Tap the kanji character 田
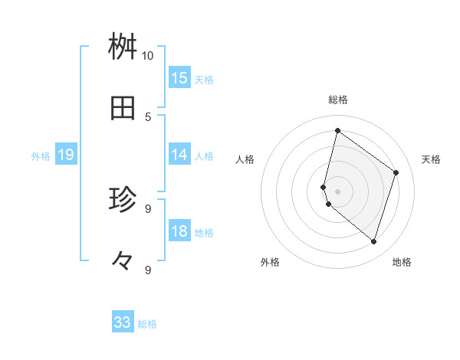[123, 109]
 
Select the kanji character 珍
[123, 200]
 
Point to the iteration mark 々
[123, 261]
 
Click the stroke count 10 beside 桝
[147, 56]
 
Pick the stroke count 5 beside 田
[148, 116]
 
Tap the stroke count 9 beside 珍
[148, 208]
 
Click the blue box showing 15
[179, 78]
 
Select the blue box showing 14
[179, 155]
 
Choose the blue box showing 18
[179, 231]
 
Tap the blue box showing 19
[65, 155]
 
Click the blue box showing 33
[123, 322]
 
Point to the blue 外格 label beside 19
[41, 156]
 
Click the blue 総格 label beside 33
[147, 324]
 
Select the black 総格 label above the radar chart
[338, 100]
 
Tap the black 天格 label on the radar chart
[431, 159]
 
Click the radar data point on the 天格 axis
[396, 172]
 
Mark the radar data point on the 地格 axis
[373, 241]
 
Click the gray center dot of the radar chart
[337, 191]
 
